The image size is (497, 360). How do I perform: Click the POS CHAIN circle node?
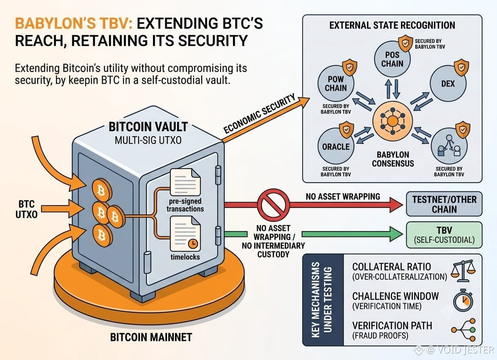click(392, 59)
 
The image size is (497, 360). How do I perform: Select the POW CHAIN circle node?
click(336, 83)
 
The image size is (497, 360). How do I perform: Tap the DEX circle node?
click(448, 83)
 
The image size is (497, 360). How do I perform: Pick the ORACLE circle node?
click(336, 146)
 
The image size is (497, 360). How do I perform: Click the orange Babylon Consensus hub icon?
click(392, 121)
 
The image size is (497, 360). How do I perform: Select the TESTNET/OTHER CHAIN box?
click(444, 204)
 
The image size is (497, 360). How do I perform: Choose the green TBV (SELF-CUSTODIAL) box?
click(444, 235)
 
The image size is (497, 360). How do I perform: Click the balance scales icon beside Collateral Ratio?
click(463, 271)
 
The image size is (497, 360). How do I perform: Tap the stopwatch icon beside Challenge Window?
click(463, 300)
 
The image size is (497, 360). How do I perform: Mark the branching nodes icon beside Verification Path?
click(463, 330)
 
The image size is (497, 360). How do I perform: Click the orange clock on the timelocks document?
click(193, 244)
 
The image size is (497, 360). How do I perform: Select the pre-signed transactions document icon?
click(185, 182)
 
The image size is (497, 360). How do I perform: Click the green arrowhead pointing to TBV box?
click(396, 234)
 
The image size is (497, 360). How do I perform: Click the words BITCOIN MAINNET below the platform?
click(151, 337)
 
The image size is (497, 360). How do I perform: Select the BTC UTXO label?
click(27, 209)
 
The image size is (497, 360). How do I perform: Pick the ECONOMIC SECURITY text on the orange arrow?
click(260, 113)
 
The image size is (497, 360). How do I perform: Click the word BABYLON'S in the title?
click(55, 23)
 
